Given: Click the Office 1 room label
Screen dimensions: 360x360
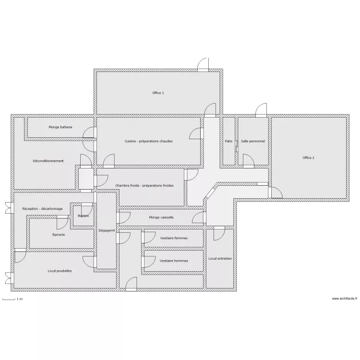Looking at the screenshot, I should coord(158,93).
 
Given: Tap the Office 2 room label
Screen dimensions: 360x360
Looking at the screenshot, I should coord(308,157).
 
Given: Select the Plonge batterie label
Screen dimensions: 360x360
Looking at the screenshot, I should coord(60,127).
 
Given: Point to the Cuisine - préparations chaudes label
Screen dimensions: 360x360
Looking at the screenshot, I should coord(148,141).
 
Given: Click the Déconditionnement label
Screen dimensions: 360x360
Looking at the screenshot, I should coord(48,161).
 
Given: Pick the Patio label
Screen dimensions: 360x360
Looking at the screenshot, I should coord(228,141).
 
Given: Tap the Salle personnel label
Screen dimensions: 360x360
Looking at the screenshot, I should coord(253,141).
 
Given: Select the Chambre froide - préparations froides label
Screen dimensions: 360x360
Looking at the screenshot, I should coord(144,185).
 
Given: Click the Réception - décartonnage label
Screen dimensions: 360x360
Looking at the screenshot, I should coord(42,209).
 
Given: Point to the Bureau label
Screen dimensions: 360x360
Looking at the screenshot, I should coord(83,216).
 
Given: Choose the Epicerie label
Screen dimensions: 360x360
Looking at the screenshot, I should coord(59,235).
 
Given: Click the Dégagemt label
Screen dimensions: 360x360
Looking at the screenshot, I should coord(107,230).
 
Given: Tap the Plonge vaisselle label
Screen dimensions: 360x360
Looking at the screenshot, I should coord(161,217).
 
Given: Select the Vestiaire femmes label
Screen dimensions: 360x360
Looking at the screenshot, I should coord(173,238).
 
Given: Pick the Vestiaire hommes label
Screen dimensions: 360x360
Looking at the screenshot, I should coord(173,261).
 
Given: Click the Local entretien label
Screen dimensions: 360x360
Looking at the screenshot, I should coord(220,258).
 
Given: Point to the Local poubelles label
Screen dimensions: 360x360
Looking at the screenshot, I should coord(60,271).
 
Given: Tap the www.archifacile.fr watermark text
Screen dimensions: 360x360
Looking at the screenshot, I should coord(345,299).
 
